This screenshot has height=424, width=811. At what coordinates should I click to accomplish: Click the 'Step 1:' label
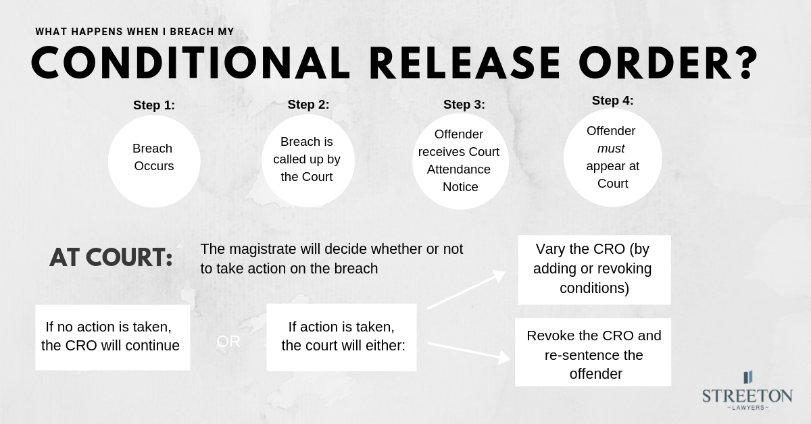point(154,105)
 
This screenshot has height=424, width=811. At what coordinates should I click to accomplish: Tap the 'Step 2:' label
point(308,104)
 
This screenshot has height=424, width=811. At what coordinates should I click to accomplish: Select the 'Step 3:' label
point(464,105)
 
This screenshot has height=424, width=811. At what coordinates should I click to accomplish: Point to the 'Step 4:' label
point(613,101)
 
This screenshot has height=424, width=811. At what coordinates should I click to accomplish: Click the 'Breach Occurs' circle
point(154,161)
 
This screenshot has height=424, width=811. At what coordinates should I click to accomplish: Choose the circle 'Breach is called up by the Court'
point(308,160)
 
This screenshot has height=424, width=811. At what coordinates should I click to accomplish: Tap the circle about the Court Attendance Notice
point(460,161)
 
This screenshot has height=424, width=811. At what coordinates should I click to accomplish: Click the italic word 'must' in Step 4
point(611,148)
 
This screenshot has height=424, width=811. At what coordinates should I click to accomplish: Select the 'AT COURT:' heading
point(111,258)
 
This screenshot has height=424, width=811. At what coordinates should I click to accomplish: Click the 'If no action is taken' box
point(112,337)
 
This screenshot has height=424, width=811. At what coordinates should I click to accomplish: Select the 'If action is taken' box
point(341,337)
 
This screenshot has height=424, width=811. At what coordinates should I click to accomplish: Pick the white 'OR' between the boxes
point(228,342)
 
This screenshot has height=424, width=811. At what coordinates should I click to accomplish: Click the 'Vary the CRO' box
point(594,269)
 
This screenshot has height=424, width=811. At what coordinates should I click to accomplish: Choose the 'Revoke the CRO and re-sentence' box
point(593,352)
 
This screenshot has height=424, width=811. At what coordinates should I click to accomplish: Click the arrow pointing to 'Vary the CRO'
point(466,290)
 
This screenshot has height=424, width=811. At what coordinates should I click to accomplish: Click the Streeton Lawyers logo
point(747,391)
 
